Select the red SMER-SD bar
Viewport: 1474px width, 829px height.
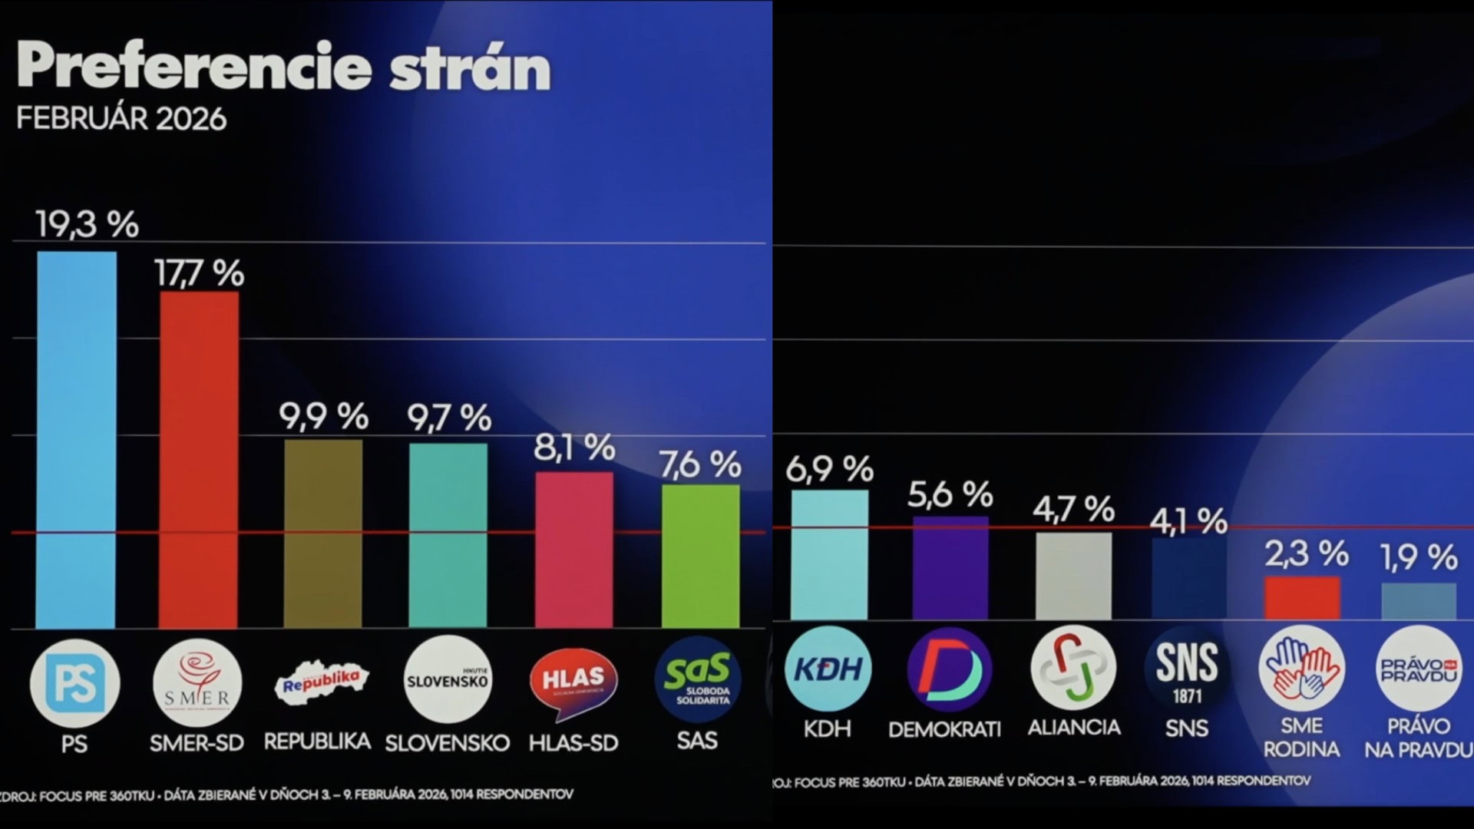tap(198, 459)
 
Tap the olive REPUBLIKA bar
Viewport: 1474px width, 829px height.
tap(322, 533)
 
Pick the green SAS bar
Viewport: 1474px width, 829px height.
tap(700, 556)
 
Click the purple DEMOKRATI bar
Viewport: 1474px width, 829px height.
tap(950, 568)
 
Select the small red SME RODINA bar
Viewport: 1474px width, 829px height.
tap(1302, 598)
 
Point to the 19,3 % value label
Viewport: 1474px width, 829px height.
tap(87, 224)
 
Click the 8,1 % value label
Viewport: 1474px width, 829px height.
tap(574, 447)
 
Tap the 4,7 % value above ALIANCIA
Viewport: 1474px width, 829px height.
tap(1073, 509)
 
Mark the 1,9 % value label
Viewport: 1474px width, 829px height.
tap(1418, 557)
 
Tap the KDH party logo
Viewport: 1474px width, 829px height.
tap(828, 669)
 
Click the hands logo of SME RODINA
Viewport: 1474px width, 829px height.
tap(1301, 668)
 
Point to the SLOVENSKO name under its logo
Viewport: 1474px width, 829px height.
tap(447, 743)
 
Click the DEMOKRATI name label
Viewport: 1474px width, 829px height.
tap(944, 729)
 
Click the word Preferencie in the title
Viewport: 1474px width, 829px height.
tap(193, 68)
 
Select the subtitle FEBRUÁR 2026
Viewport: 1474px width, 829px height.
tap(121, 119)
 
